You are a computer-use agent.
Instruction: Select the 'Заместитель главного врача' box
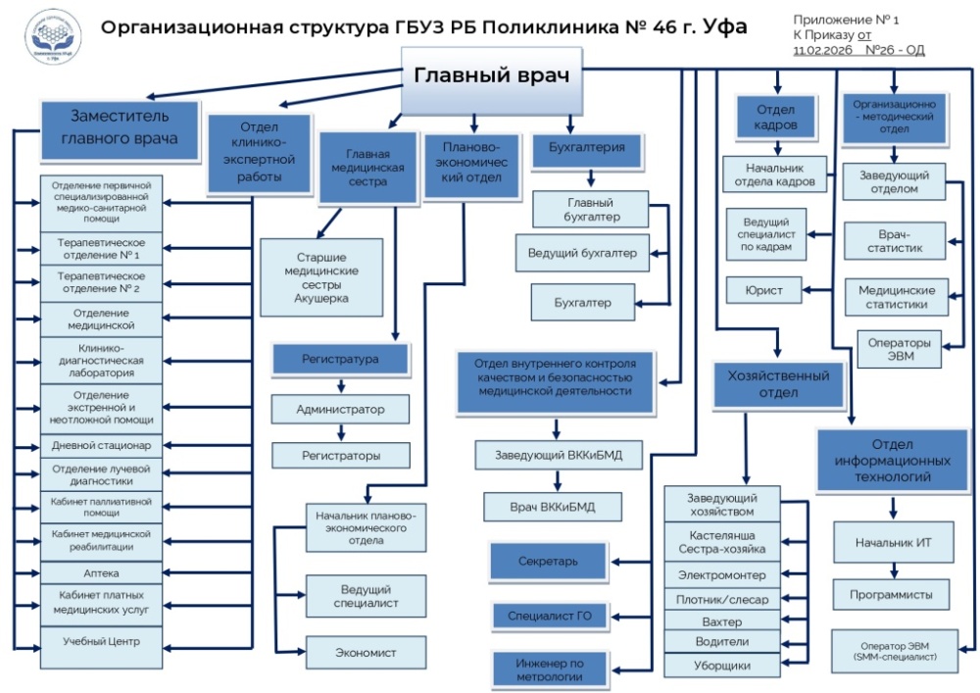[x=120, y=127]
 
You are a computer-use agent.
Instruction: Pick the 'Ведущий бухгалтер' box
[x=582, y=253]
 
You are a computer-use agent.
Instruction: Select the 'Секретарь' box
[x=549, y=562]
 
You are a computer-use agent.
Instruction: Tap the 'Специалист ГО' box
[x=549, y=616]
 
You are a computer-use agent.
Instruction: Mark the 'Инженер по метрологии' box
[x=549, y=668]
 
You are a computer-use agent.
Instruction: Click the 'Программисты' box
[x=893, y=594]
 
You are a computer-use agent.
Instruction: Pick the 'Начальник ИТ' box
[x=893, y=542]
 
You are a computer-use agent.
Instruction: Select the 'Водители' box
[x=723, y=642]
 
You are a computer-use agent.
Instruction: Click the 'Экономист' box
[x=367, y=652]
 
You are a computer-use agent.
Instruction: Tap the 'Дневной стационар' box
[x=102, y=445]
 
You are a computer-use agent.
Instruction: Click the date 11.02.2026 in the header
[x=823, y=49]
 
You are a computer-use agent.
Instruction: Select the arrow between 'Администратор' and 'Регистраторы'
[x=341, y=432]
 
